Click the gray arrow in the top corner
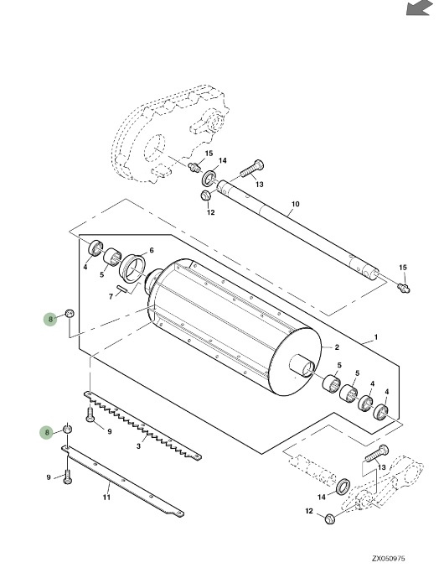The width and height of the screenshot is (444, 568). [420, 8]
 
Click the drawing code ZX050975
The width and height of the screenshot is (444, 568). [389, 559]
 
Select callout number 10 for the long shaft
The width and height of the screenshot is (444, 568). [296, 204]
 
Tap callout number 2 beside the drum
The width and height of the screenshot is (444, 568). [337, 347]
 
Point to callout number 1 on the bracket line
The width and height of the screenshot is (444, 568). [376, 337]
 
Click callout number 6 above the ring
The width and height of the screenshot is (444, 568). [152, 250]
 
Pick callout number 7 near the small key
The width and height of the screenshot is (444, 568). [111, 297]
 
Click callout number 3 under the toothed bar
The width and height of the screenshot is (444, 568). [138, 446]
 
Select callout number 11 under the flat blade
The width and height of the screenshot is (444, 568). [106, 497]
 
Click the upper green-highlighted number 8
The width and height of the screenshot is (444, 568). [50, 319]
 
